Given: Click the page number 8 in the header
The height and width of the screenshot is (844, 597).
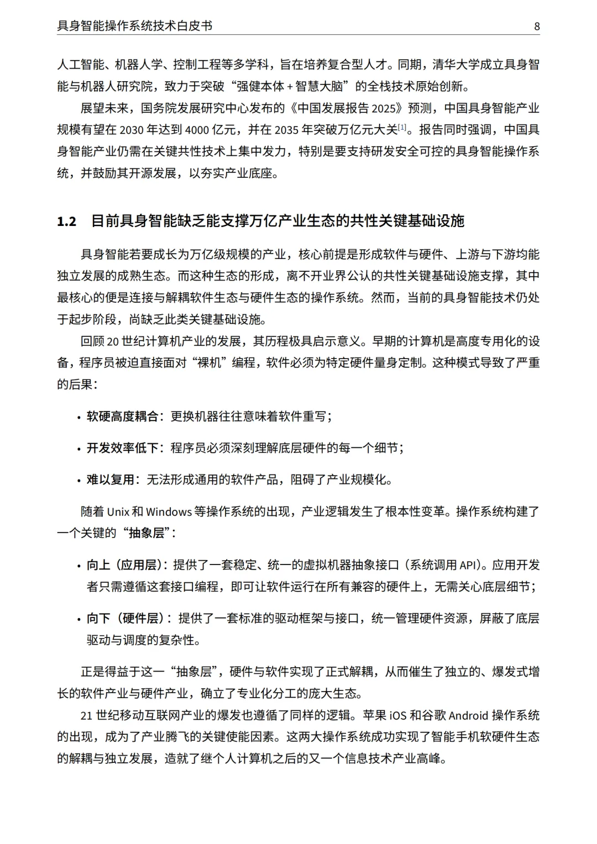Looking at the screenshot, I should pos(537,26).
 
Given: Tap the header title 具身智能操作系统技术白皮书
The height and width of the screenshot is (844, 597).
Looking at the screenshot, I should pos(135,26).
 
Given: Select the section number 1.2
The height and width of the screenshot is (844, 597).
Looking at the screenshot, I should pos(67,221).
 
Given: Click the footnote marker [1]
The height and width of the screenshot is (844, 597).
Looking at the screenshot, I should pos(402,128).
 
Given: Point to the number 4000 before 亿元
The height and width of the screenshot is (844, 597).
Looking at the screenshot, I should pos(198,130).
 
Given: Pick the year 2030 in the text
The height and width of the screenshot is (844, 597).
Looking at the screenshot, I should pos(132,130).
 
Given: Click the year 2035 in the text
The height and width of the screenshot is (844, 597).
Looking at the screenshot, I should pos(286,130).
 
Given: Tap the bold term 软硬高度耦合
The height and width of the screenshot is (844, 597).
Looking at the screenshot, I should pos(122,416).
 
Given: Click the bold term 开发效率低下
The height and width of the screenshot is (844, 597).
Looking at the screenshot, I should pos(122,448).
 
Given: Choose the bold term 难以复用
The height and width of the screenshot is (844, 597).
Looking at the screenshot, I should pos(111,479).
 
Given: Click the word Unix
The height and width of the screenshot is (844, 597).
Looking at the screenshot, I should pos(118,512).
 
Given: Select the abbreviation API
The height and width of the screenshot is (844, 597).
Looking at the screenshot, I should pos(467,566).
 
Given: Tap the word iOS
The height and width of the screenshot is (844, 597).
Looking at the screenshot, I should pos(398,716).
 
